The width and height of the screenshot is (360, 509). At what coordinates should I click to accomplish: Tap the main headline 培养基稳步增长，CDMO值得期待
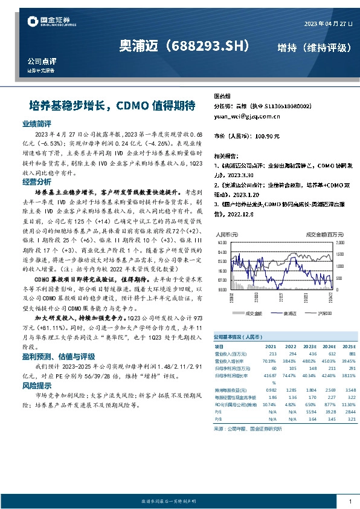point(112,105)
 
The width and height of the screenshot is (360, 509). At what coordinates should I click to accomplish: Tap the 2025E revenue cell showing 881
point(344,353)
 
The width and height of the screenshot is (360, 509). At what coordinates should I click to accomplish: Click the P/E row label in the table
point(218,411)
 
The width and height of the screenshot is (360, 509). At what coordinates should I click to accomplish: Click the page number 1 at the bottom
point(350,501)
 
